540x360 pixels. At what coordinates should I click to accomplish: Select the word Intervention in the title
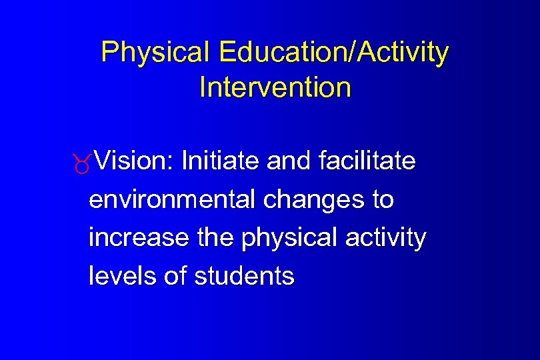pyautogui.click(x=275, y=87)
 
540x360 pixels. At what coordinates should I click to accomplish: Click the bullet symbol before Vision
pyautogui.click(x=82, y=164)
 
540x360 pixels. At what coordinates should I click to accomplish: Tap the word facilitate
pyautogui.click(x=367, y=161)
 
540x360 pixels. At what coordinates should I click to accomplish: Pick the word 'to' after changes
pyautogui.click(x=382, y=199)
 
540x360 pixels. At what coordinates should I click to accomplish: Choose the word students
pyautogui.click(x=244, y=275)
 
